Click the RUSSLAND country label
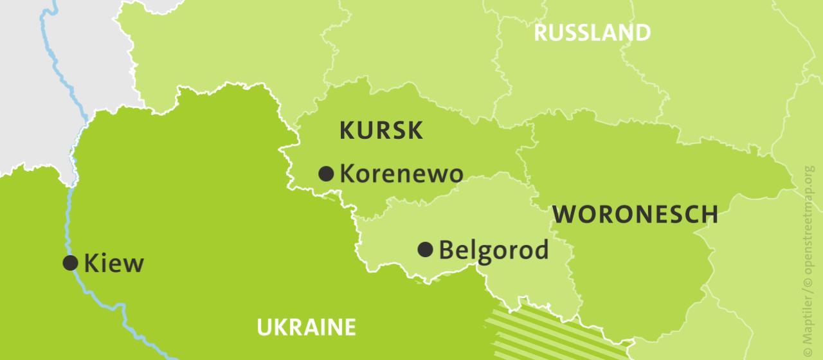point(592,33)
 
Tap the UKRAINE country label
point(306,327)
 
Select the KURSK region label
point(381,130)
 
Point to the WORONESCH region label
point(635,214)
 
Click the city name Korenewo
point(401,174)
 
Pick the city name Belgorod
point(493,249)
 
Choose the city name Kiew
point(114,263)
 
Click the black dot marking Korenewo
point(326,173)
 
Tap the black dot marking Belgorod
point(425,249)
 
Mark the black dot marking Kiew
point(70,262)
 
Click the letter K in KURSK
point(346,130)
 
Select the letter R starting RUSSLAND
point(541,33)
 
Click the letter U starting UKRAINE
point(264,327)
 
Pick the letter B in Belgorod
point(446,249)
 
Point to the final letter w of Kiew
point(133,264)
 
